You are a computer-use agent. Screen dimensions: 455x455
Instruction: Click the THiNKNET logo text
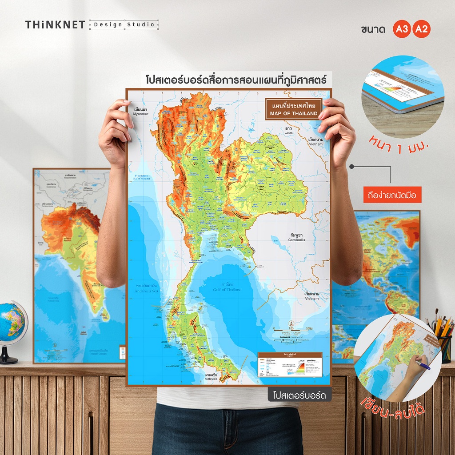pos(55,25)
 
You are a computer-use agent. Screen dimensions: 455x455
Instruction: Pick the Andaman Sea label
pos(147,289)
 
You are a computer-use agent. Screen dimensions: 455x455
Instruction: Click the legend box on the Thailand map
pos(289,365)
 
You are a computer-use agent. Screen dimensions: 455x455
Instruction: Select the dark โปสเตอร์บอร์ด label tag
pos(300,395)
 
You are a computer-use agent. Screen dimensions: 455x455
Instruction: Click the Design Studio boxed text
pos(124,25)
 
